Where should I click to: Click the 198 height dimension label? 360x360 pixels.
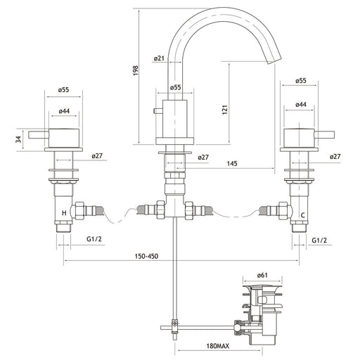click(x=136, y=70)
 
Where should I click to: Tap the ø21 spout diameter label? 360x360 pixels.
click(x=159, y=58)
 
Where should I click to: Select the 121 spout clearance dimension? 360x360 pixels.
click(x=225, y=110)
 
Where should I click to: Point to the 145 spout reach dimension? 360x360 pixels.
click(x=232, y=163)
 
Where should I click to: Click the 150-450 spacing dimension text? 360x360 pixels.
click(x=146, y=256)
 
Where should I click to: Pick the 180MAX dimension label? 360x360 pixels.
click(x=218, y=346)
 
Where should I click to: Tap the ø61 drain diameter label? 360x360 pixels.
click(x=262, y=275)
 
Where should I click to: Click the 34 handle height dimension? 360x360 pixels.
click(x=19, y=140)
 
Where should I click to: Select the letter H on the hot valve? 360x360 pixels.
click(x=64, y=213)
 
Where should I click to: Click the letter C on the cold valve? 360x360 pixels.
click(x=303, y=215)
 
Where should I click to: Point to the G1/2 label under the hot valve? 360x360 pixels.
click(x=94, y=239)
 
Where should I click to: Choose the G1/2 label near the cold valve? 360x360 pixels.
click(x=319, y=240)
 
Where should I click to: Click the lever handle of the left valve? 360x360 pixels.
click(x=39, y=135)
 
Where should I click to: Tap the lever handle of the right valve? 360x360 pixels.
click(x=324, y=135)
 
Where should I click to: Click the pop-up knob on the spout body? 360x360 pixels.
click(x=158, y=110)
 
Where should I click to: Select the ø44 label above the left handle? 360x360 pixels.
click(x=64, y=111)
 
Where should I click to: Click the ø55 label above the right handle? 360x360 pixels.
click(x=301, y=81)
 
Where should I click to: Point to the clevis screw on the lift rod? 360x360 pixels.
click(x=174, y=323)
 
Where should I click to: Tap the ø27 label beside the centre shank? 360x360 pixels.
click(x=203, y=157)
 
